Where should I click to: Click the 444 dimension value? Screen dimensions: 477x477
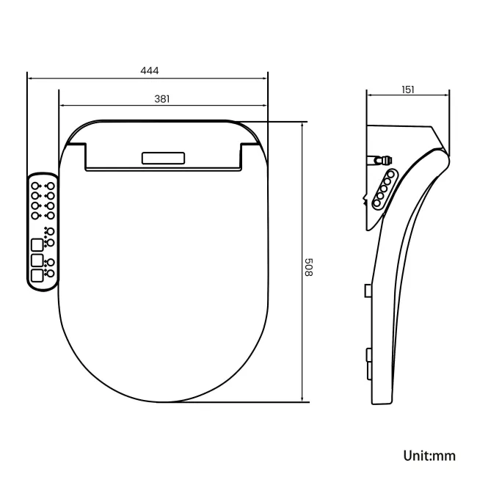[150, 70]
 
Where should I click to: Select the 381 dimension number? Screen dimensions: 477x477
[164, 98]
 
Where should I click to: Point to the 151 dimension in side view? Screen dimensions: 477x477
[408, 90]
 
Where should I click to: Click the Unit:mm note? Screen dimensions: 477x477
[429, 455]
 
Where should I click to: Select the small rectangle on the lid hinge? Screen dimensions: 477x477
[164, 159]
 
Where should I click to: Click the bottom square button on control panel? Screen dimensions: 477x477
[36, 276]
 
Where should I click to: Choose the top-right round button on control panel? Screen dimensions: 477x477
[50, 185]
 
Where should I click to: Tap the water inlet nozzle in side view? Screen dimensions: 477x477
[381, 159]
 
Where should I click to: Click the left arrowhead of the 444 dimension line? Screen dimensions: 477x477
[29, 76]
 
